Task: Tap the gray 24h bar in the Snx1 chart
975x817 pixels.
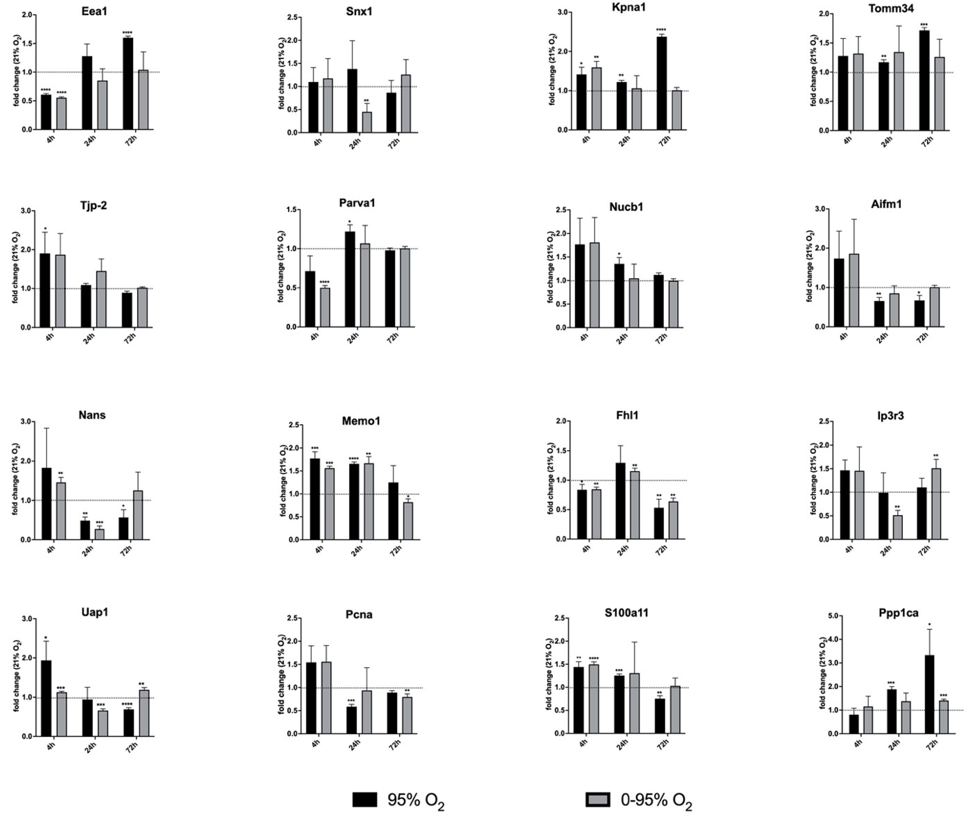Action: click(367, 122)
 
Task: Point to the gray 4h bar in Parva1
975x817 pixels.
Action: click(325, 308)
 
